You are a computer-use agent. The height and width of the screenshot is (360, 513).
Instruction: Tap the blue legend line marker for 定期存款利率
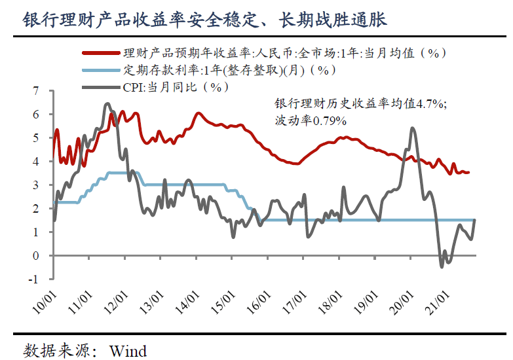[102, 70]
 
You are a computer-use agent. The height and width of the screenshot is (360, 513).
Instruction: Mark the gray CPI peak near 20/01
[412, 128]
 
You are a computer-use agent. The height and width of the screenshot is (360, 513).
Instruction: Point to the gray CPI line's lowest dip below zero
[442, 266]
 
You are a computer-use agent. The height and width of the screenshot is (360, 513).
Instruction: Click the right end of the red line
[468, 173]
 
